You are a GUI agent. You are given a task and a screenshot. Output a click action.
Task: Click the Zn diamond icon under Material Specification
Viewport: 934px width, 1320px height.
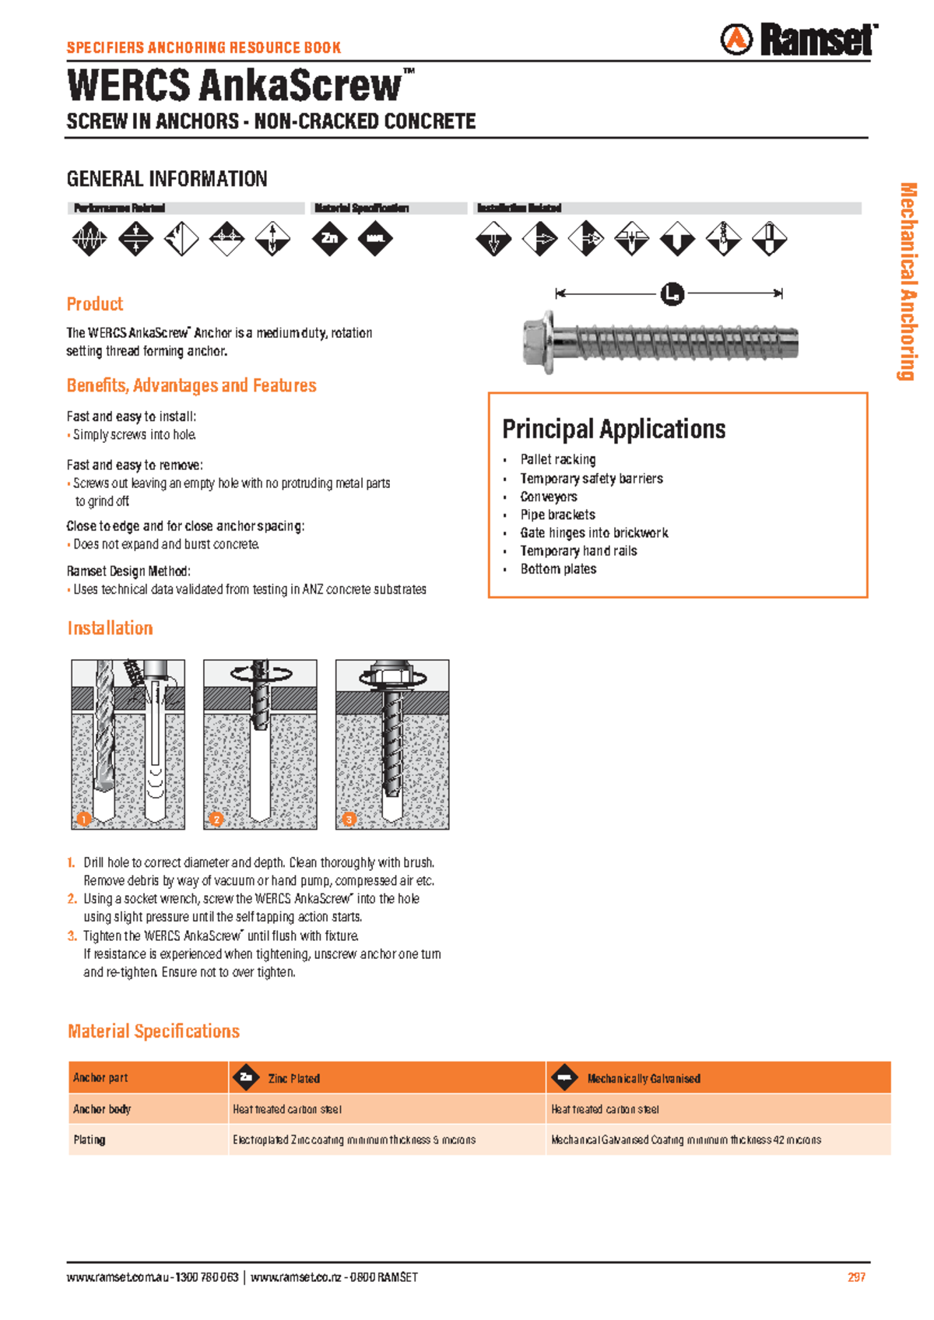point(329,238)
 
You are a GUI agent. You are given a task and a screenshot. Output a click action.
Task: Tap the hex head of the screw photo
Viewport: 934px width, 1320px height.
point(539,342)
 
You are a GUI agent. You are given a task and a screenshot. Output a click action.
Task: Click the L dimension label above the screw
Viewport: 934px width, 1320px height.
point(672,294)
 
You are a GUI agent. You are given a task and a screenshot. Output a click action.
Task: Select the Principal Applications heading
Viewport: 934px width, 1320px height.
point(613,429)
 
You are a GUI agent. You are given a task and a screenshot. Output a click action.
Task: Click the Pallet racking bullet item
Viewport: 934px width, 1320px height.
point(558,460)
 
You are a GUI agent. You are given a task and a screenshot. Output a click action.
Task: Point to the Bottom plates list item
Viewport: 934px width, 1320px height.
point(558,569)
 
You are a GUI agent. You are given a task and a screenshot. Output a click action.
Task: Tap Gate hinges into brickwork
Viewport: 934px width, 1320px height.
point(594,533)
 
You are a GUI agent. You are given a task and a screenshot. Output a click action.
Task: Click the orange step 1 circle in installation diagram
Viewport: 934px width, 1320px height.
point(84,818)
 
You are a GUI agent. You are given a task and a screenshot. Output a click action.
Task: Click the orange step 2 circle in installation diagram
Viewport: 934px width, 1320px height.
point(216,818)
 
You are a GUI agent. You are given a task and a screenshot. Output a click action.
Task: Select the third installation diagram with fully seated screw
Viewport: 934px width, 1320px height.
point(392,744)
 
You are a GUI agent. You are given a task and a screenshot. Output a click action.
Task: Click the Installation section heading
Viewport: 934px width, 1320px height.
point(110,628)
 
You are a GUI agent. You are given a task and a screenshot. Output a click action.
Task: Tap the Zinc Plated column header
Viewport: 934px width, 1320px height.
point(293,1079)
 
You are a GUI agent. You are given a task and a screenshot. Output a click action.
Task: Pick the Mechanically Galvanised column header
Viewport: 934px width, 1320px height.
point(643,1079)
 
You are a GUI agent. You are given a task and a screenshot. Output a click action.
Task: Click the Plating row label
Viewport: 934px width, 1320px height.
point(90,1139)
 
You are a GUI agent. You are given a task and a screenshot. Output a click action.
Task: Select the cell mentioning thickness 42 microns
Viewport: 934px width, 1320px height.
point(686,1139)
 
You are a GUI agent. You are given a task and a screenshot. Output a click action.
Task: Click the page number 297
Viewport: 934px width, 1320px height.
point(856,1277)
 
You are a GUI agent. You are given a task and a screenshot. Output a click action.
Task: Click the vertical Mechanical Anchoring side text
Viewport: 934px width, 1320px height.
point(908,281)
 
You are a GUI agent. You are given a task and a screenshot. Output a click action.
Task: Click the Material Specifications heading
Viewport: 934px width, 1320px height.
point(153,1031)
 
